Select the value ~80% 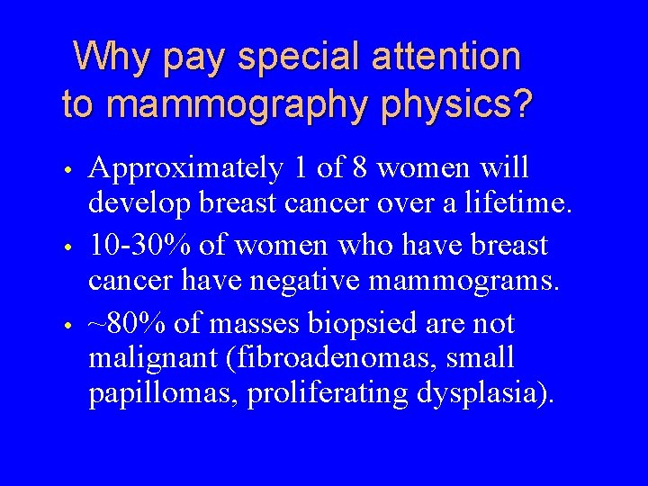point(127,323)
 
